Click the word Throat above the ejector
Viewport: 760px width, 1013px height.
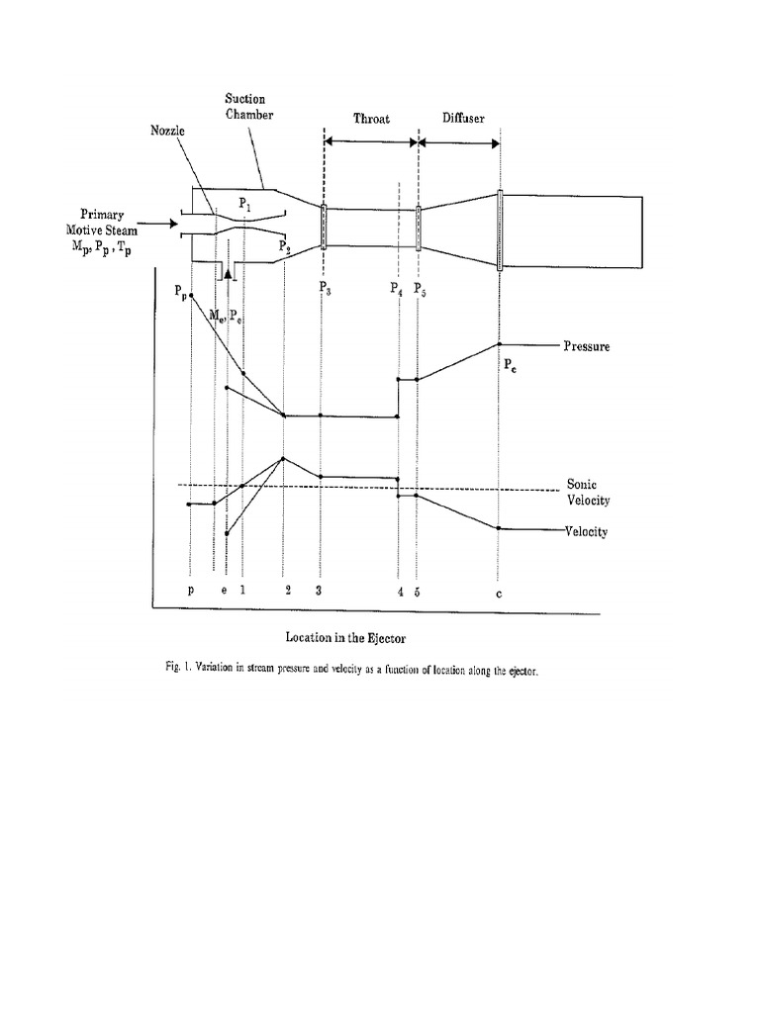[371, 118]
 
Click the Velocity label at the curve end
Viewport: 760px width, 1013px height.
[587, 531]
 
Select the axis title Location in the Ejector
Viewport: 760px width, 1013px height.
[346, 638]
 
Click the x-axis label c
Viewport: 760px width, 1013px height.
[500, 593]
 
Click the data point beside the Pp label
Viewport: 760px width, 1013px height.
[191, 296]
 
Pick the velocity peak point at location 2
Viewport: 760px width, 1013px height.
[284, 458]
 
